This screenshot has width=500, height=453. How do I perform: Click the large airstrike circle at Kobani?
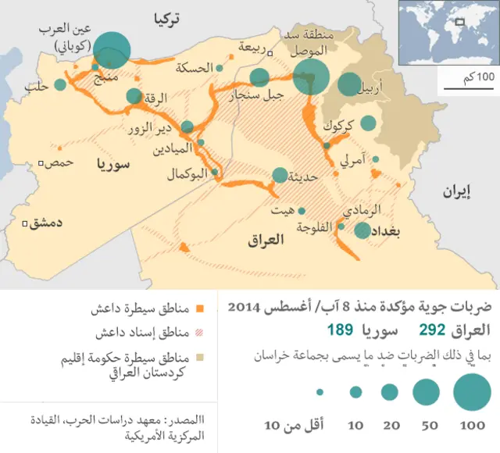point(112,48)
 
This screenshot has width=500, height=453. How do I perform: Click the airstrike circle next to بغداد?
point(362,230)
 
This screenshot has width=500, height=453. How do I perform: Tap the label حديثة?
point(306,177)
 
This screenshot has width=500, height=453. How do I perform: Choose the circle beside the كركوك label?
point(368,123)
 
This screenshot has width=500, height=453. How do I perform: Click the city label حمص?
point(60,162)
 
